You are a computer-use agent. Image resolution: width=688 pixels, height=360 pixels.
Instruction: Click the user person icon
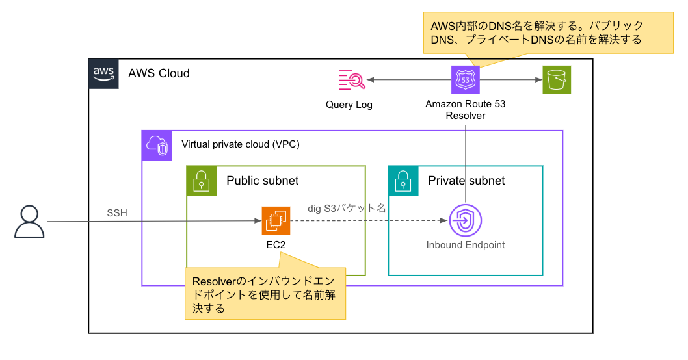point(30,222)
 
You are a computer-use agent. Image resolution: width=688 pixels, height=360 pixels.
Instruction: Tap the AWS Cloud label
point(159,73)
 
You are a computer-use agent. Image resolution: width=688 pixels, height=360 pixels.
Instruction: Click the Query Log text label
point(349,105)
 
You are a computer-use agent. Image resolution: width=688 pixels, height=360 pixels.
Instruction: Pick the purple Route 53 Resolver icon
point(466,80)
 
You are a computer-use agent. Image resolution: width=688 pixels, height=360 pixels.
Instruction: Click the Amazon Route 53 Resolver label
point(466,109)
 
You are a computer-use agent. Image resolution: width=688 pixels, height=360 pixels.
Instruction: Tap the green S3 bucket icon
point(557,80)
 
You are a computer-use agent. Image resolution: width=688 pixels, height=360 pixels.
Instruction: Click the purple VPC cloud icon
point(156,146)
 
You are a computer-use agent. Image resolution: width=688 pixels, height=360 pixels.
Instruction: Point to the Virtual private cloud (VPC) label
point(240,144)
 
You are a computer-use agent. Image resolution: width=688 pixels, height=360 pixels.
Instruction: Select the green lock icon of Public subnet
point(202,180)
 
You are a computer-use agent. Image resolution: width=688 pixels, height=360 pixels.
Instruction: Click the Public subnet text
point(263,180)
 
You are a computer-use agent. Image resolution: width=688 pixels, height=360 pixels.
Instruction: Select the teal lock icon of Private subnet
point(403,180)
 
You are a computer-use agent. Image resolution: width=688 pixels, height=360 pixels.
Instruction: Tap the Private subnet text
point(466,180)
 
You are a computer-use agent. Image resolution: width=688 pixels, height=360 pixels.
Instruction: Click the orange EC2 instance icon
point(276,221)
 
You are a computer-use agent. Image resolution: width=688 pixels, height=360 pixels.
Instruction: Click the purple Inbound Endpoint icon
point(466,222)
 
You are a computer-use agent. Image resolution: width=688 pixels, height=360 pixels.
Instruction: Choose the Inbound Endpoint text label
point(466,245)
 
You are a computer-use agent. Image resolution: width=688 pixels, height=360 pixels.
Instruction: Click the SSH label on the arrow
point(117,213)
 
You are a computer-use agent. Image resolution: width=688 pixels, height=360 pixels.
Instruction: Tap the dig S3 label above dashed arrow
point(347,209)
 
